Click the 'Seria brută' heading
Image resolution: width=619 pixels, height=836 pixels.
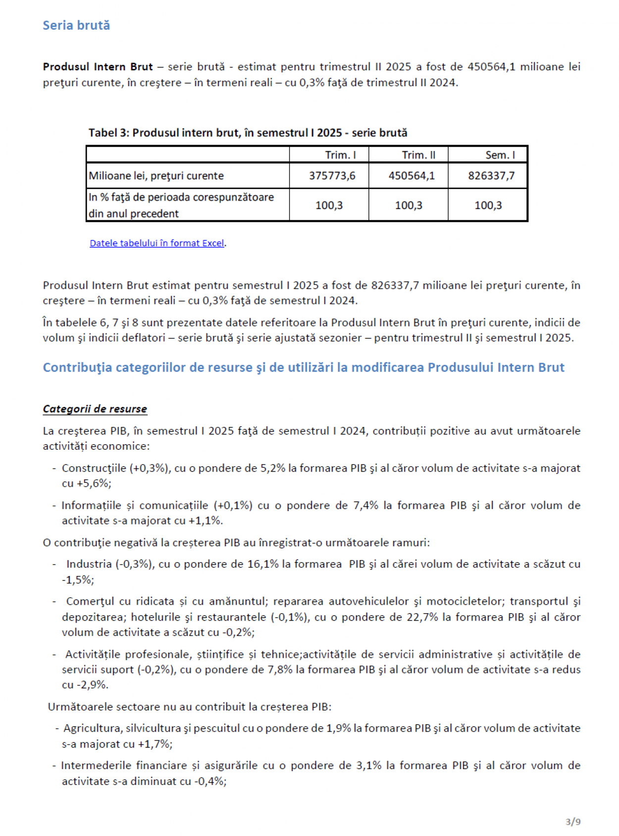point(76,25)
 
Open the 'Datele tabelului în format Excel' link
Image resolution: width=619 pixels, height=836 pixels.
point(157,243)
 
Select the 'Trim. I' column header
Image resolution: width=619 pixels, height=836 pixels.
point(340,155)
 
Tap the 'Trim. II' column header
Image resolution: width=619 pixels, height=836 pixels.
point(418,155)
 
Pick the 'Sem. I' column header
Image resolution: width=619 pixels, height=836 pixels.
point(500,155)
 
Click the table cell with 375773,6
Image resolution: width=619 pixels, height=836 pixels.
point(332,176)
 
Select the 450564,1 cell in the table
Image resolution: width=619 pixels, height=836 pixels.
point(412,176)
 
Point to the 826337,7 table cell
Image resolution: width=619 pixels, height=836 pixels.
point(491,176)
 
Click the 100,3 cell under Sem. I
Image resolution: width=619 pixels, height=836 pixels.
point(488,205)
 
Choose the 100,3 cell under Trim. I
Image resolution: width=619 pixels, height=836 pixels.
point(329,205)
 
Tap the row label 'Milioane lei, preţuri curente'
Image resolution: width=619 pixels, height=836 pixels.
point(156,176)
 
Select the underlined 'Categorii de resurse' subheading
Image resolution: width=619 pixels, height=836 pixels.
point(95,409)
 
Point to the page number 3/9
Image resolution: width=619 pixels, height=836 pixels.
point(573,822)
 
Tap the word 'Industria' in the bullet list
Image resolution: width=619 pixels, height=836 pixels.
point(89,564)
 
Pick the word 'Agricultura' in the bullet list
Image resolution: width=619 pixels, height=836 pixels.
point(93,728)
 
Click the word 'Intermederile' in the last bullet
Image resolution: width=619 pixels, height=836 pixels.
point(92,766)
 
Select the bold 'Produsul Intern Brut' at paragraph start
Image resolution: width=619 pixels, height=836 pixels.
point(98,67)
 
